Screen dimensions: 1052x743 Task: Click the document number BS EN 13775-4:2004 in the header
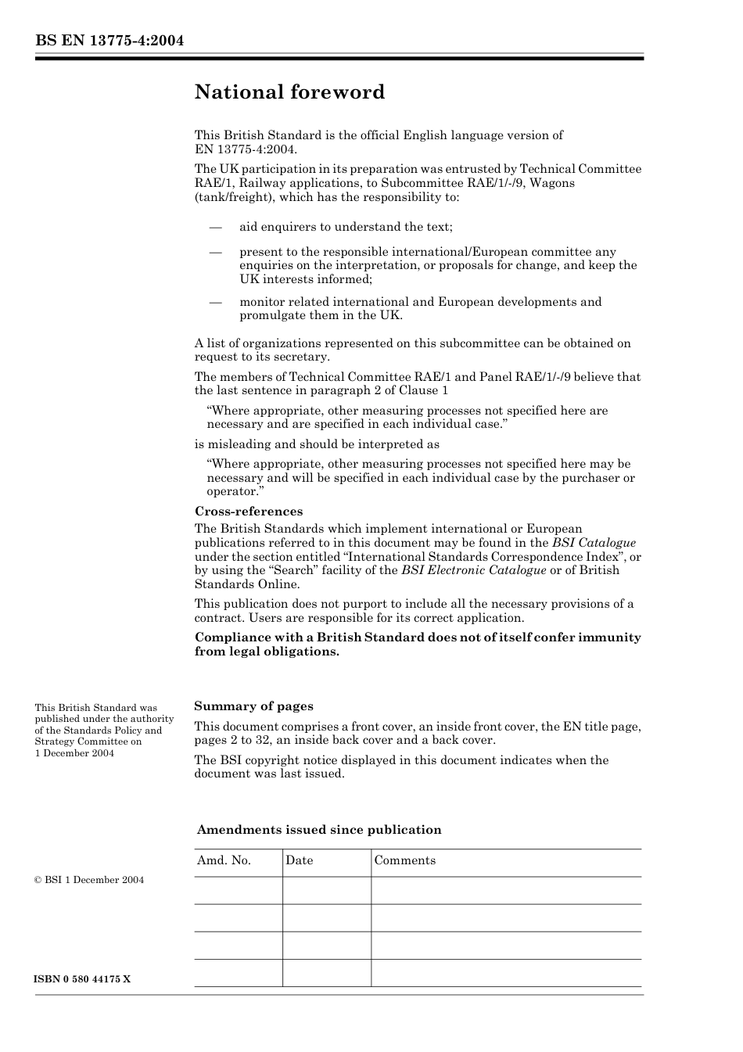click(109, 41)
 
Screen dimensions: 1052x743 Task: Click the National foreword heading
click(289, 92)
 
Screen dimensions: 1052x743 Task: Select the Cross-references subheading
click(248, 512)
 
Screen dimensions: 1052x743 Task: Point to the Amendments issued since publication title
click(319, 830)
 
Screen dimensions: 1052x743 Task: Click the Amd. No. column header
click(224, 860)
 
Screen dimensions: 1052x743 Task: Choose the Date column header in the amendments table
click(299, 860)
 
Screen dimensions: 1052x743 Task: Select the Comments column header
click(404, 860)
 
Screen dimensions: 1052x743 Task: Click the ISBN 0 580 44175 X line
click(83, 979)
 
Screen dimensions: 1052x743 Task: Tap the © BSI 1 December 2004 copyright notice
click(89, 880)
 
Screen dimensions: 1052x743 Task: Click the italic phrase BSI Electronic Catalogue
click(473, 570)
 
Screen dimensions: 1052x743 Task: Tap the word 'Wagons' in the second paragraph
click(552, 183)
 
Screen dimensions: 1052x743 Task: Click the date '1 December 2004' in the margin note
click(74, 753)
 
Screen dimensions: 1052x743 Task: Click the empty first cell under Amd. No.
click(238, 890)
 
